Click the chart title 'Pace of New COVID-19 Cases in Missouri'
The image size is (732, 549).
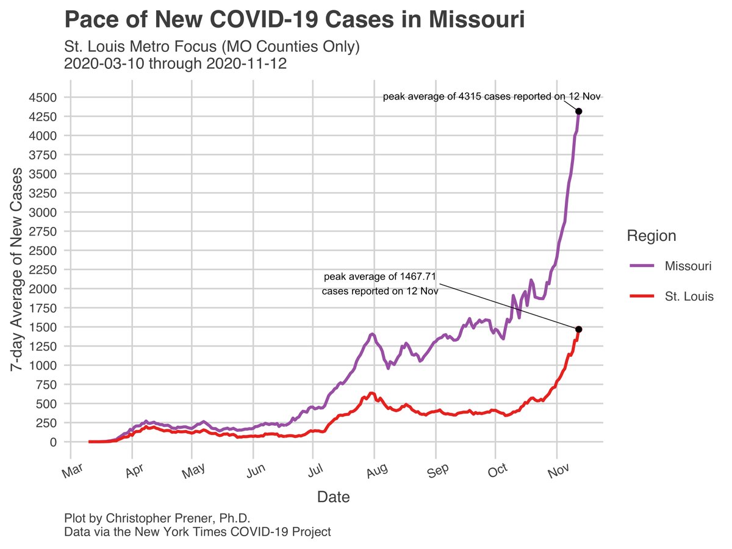[x=294, y=20]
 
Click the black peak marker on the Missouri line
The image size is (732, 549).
[x=578, y=111]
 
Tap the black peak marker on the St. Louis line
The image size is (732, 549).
[x=578, y=329]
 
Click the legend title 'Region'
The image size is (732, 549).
[x=651, y=236]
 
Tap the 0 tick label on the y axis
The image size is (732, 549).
[x=54, y=442]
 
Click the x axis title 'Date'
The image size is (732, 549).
[x=333, y=497]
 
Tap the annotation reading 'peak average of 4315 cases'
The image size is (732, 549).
[x=492, y=96]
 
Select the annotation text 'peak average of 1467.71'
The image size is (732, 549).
[x=379, y=277]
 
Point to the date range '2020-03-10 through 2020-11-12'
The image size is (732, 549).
[x=176, y=63]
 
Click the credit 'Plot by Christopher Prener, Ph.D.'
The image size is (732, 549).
[x=157, y=518]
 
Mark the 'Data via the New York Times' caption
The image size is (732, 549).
[x=197, y=532]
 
